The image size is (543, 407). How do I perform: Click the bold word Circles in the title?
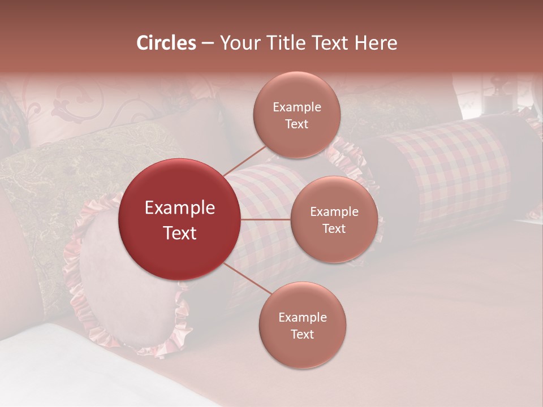tap(166, 43)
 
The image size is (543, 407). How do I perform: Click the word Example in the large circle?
tap(180, 208)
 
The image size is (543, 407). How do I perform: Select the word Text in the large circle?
tap(180, 233)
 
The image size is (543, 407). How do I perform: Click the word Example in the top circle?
tap(297, 107)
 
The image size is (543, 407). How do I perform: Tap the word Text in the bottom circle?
tap(302, 334)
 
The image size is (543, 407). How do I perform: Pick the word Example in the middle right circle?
tap(334, 212)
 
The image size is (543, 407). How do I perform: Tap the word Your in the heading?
tap(240, 43)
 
